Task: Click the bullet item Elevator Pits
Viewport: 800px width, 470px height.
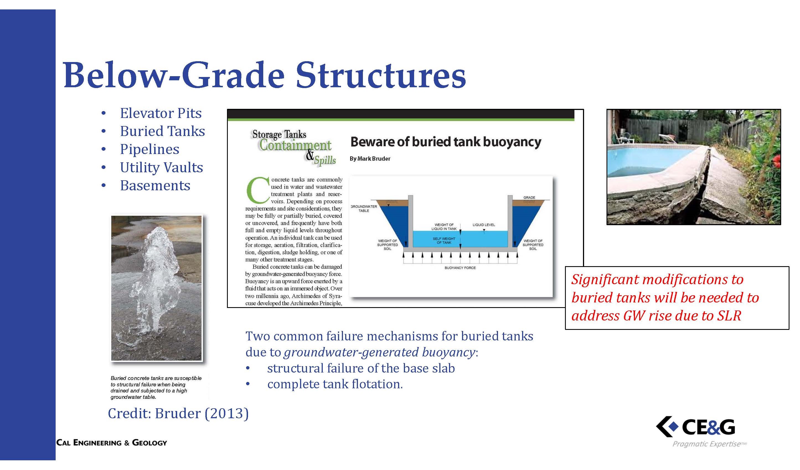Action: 161,113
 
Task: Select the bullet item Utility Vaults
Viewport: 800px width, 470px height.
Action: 161,167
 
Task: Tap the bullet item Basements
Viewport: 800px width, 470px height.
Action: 155,186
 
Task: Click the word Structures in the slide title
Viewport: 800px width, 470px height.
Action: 381,76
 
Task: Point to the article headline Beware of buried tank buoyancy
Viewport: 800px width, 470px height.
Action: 446,142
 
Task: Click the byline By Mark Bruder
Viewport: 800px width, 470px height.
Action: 370,158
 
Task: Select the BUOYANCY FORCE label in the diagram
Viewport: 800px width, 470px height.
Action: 460,268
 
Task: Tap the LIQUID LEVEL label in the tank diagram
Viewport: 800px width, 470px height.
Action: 484,225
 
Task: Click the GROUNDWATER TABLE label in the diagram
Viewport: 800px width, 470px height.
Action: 364,208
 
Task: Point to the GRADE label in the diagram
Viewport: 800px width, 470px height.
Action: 529,197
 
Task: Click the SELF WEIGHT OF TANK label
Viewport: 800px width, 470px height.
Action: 444,240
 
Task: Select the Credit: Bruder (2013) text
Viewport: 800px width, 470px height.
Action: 178,413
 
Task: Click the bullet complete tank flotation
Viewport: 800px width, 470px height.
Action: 335,384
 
